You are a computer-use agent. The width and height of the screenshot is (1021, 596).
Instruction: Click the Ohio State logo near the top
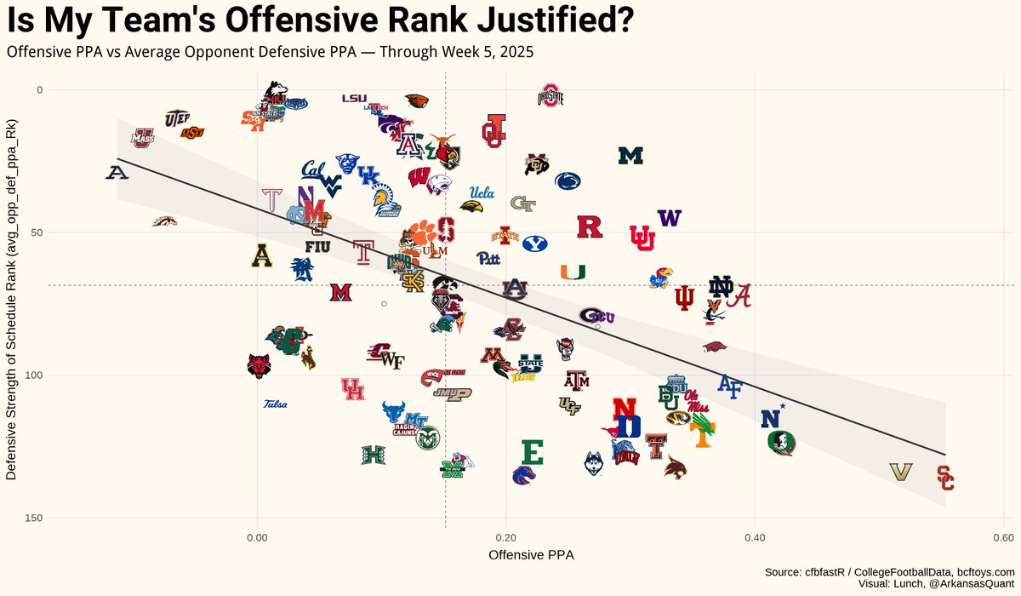[x=550, y=95]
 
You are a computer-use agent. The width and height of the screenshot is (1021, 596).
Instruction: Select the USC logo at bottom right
[x=945, y=479]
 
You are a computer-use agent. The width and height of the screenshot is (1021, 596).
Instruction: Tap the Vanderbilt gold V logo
[x=900, y=472]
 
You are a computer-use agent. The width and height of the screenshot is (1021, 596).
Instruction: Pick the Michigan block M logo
[x=630, y=156]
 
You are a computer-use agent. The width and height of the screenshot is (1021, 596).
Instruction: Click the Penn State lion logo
[x=568, y=181]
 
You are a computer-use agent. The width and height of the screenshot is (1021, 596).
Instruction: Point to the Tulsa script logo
[x=275, y=404]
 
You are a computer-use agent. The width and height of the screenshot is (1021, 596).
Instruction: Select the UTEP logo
[x=177, y=117]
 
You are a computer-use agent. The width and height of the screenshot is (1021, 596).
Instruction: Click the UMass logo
[x=142, y=137]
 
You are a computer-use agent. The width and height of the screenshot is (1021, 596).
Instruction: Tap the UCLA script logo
[x=482, y=192]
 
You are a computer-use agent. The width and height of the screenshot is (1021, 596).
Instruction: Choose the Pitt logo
[x=488, y=258]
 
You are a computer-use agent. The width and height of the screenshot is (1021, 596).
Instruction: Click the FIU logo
[x=317, y=247]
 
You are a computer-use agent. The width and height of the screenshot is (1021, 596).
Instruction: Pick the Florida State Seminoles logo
[x=780, y=443]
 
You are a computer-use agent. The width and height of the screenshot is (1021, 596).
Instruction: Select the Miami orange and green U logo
[x=573, y=272]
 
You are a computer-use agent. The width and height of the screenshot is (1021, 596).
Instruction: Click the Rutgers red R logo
[x=590, y=226]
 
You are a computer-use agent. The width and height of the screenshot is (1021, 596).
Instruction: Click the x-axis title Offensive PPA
[x=530, y=555]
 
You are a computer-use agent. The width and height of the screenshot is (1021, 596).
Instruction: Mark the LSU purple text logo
[x=354, y=98]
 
